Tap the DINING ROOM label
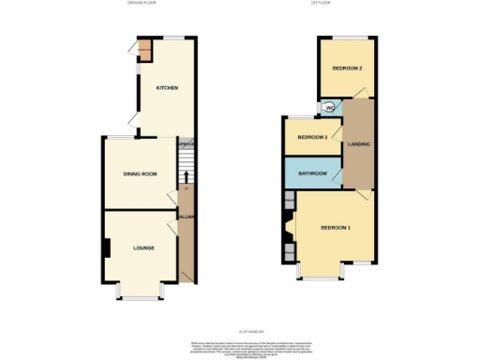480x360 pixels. [139, 174]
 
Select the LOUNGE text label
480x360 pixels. [142, 247]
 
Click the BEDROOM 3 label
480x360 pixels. [311, 138]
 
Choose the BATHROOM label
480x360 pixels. [313, 174]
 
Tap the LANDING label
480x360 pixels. [357, 144]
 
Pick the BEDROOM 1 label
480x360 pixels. [335, 229]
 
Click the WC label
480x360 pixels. [329, 108]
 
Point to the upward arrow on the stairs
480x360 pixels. [186, 175]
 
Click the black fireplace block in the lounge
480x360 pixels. [107, 248]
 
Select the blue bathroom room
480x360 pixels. [313, 174]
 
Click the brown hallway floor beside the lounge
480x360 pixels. [186, 248]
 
